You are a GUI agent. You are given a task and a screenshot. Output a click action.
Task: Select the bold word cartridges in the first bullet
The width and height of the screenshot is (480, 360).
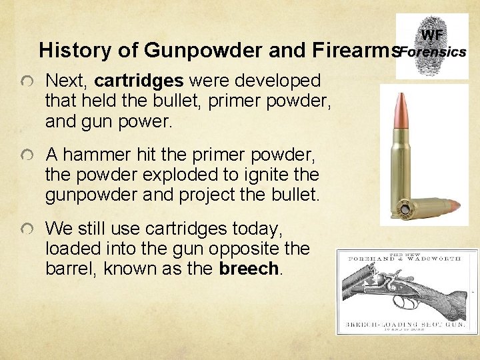pos(139,81)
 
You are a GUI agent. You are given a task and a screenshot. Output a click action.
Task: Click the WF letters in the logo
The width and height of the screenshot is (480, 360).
pos(433,34)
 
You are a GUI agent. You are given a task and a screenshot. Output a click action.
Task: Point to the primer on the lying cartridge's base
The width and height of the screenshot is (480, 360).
pos(403,211)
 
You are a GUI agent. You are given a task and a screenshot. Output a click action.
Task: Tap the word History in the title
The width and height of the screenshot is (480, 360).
pos(71,50)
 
